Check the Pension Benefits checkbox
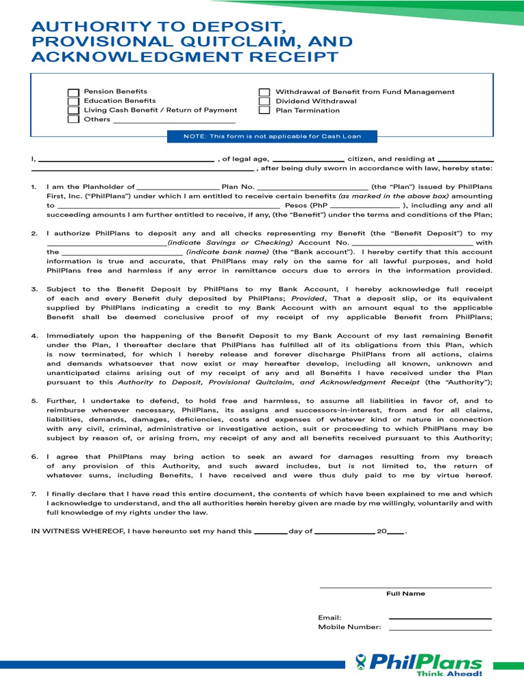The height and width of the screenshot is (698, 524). pyautogui.click(x=73, y=92)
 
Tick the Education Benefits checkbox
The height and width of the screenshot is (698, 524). pyautogui.click(x=73, y=101)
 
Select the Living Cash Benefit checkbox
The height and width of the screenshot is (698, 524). pyautogui.click(x=73, y=110)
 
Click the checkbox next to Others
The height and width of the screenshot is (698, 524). pyautogui.click(x=73, y=119)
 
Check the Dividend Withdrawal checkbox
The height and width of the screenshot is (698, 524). pyautogui.click(x=264, y=101)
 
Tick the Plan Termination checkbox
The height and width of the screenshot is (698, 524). pyautogui.click(x=264, y=110)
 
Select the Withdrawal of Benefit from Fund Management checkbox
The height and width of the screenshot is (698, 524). pyautogui.click(x=264, y=92)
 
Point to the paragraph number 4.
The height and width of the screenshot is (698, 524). pyautogui.click(x=34, y=336)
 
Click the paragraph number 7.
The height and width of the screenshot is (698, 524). pyautogui.click(x=34, y=494)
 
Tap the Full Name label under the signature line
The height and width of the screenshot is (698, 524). pyautogui.click(x=405, y=594)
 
